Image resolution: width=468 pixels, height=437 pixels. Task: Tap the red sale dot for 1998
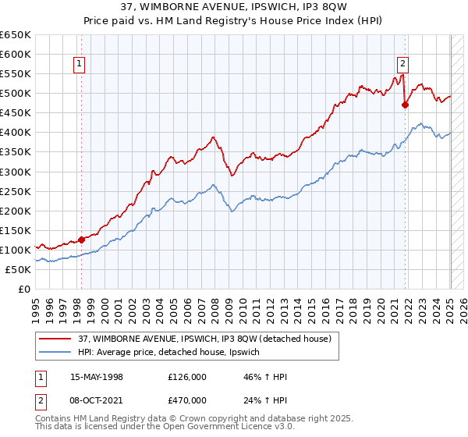pyautogui.click(x=81, y=240)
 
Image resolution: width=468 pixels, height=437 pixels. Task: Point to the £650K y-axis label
pyautogui.click(x=16, y=35)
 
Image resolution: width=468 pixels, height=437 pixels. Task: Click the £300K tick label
pyautogui.click(x=16, y=172)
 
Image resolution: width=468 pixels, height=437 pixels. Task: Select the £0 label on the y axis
pyautogui.click(x=24, y=289)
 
